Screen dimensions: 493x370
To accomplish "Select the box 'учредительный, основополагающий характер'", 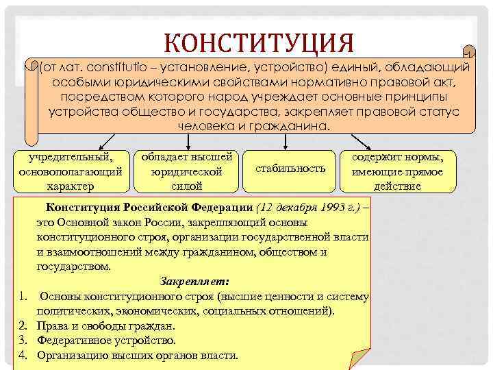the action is click(x=72, y=170).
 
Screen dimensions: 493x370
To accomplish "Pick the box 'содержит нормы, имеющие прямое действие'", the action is click(x=397, y=170).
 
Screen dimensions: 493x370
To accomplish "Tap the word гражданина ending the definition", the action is click(x=296, y=127).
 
